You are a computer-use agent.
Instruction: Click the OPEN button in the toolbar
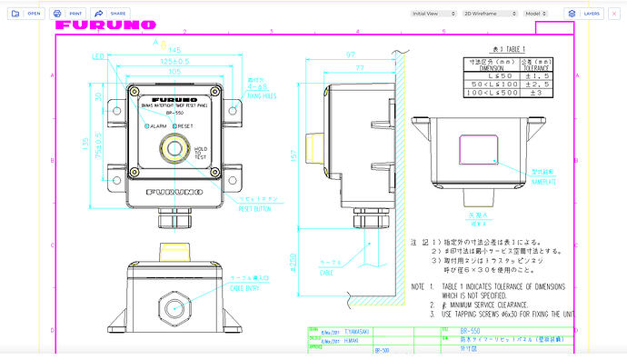(27, 14)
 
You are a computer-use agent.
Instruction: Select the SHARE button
(113, 14)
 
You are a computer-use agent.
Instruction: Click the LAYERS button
(584, 14)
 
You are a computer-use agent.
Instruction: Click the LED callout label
(98, 56)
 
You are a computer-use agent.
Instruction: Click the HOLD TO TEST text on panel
(200, 153)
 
